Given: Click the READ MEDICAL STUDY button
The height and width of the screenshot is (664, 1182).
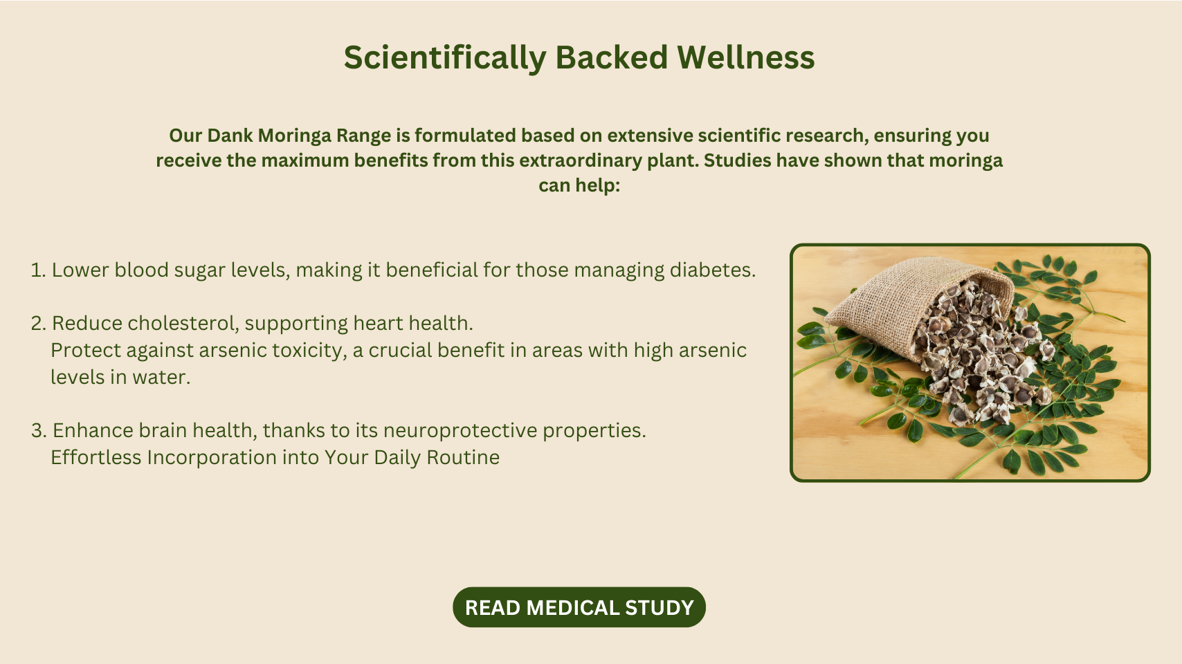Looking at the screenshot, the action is pos(579,607).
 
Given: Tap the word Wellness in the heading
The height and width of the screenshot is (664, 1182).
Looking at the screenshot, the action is pos(745,57).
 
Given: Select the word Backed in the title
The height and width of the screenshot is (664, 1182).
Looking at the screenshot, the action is pos(612,57).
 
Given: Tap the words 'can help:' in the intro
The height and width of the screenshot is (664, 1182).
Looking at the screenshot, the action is pos(579,185).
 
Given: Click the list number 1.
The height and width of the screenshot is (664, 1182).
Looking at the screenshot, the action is pos(38,270).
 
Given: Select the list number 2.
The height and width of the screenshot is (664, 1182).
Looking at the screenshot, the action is pos(39,323).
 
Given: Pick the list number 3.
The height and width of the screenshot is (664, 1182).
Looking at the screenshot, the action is pos(39,430).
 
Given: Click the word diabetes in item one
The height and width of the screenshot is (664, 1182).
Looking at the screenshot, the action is pos(712,270).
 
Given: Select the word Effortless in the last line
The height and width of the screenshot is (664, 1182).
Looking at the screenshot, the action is pos(96,457).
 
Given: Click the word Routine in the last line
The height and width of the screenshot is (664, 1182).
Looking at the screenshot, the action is pos(463,457).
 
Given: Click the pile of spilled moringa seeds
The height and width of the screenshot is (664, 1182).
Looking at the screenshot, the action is pos(981,353).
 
